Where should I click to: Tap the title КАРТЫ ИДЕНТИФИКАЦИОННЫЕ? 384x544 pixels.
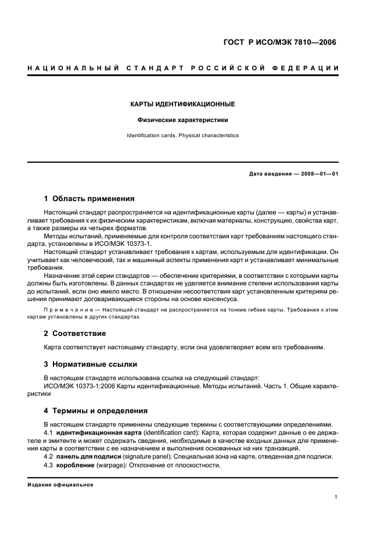(182, 105)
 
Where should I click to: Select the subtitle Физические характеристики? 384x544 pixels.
(182, 120)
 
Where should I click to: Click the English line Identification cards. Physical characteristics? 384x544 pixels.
(182, 135)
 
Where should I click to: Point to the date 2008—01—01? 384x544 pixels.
(317, 174)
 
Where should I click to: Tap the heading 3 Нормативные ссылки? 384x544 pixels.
(91, 364)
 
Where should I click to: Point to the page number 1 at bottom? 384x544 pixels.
(336, 497)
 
